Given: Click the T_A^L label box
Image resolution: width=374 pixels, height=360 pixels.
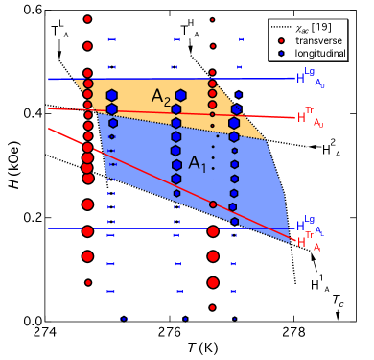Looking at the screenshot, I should [x=59, y=31].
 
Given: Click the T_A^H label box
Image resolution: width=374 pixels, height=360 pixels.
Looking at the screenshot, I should [x=190, y=31].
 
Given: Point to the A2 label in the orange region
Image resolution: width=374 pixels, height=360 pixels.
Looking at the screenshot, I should [x=161, y=97].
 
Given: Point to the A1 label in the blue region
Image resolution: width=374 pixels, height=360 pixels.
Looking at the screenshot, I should [x=197, y=163].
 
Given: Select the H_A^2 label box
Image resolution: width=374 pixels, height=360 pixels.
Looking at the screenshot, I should [x=330, y=147].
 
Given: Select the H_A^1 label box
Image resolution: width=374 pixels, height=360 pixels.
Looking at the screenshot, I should [x=319, y=282].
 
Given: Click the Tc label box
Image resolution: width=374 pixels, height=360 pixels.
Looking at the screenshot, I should [x=339, y=300].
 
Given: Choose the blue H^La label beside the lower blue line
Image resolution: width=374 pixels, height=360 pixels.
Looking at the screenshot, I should [x=310, y=227].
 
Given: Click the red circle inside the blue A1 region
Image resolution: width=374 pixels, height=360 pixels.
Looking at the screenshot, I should [x=213, y=204].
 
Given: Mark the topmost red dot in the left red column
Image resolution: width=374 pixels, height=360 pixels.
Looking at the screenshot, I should [x=87, y=19].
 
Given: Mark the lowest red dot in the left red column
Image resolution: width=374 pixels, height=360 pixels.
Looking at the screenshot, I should [x=87, y=282].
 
